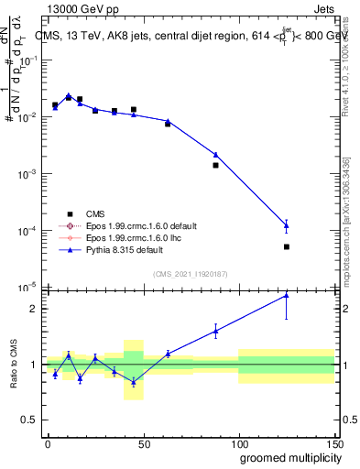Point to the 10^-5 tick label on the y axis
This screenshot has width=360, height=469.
click(27, 287)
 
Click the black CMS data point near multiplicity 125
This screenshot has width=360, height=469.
click(287, 246)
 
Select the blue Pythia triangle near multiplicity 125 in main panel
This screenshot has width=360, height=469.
click(287, 224)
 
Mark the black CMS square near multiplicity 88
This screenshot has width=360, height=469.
click(215, 165)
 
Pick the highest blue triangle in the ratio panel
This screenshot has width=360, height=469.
click(287, 295)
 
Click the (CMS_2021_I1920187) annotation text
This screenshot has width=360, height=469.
click(190, 274)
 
